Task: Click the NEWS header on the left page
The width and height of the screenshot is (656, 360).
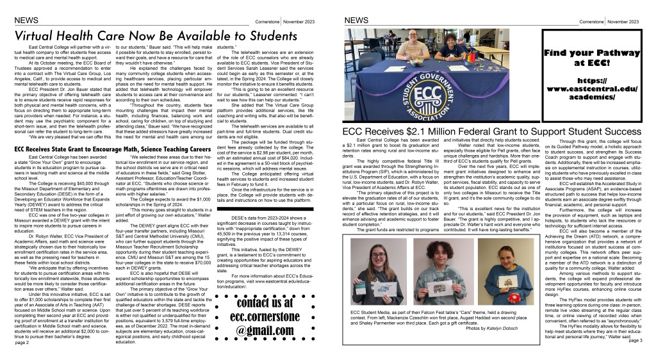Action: pos(25,20)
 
